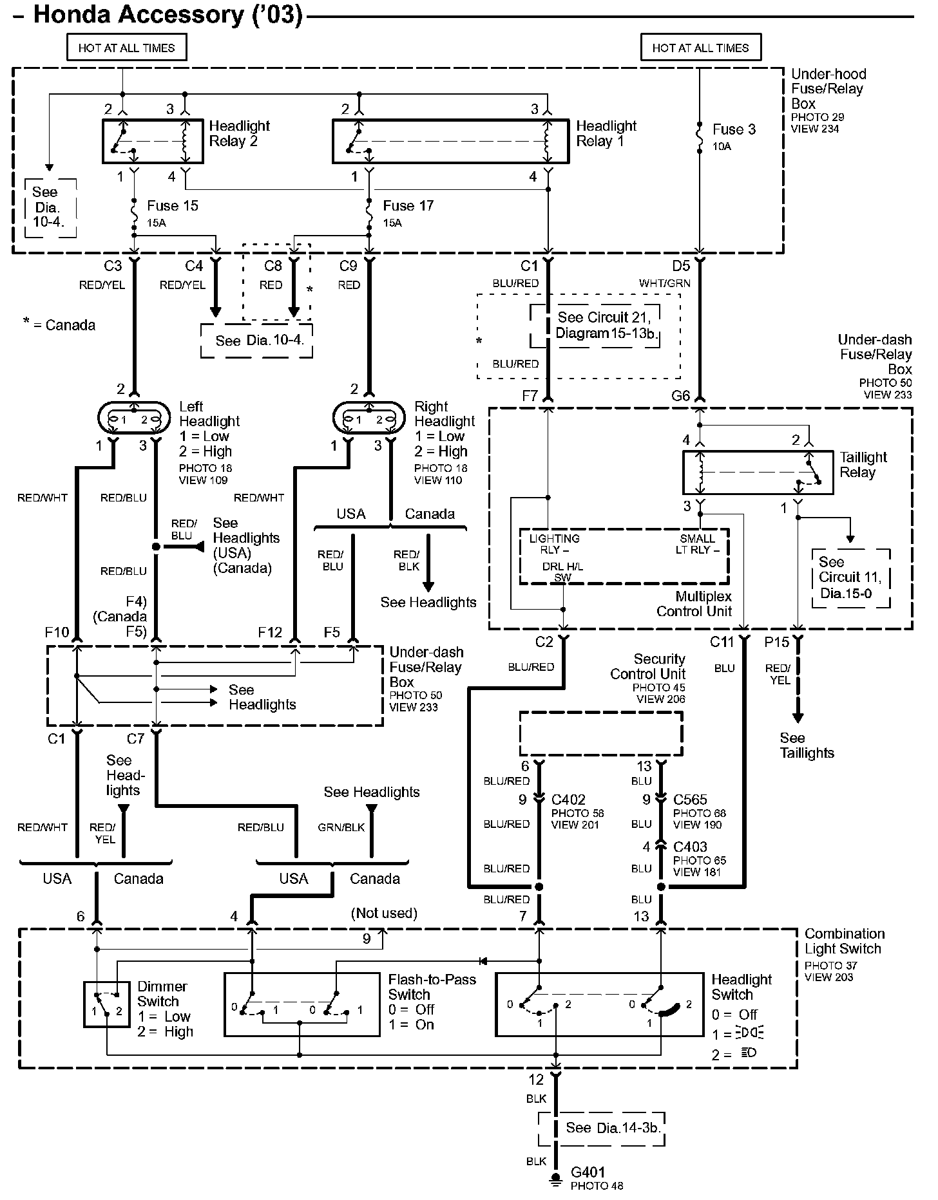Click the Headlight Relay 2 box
(153, 140)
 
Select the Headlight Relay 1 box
(450, 140)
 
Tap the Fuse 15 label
(173, 206)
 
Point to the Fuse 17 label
(408, 206)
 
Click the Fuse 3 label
(734, 129)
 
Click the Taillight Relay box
(758, 472)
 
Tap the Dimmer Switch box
(106, 1004)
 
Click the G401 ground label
(588, 1172)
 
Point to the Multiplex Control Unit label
(694, 604)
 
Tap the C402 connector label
(568, 800)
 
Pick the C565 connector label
(691, 800)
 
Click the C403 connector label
(691, 847)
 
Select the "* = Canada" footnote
(59, 325)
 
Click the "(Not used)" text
(384, 914)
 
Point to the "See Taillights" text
(807, 745)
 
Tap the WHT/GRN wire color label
(665, 283)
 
